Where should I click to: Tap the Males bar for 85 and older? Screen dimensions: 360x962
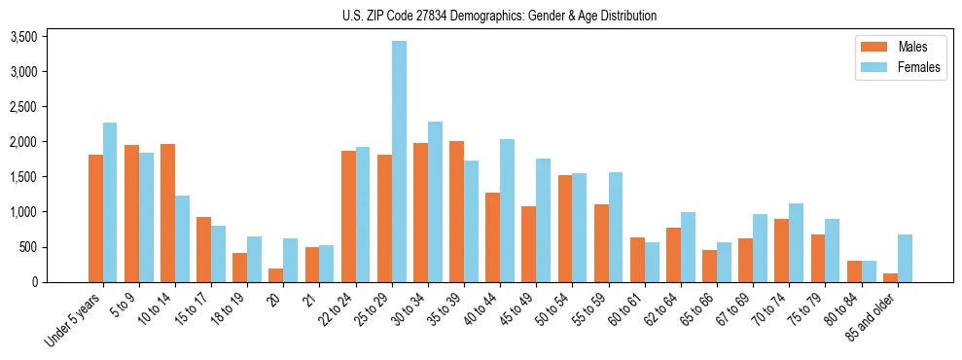click(x=889, y=277)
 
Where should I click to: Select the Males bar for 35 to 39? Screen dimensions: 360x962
click(x=456, y=211)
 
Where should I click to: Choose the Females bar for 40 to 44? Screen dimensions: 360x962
click(x=507, y=210)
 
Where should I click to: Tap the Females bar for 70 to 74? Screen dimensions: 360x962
click(x=796, y=242)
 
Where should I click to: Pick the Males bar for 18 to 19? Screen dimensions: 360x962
click(x=239, y=268)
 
